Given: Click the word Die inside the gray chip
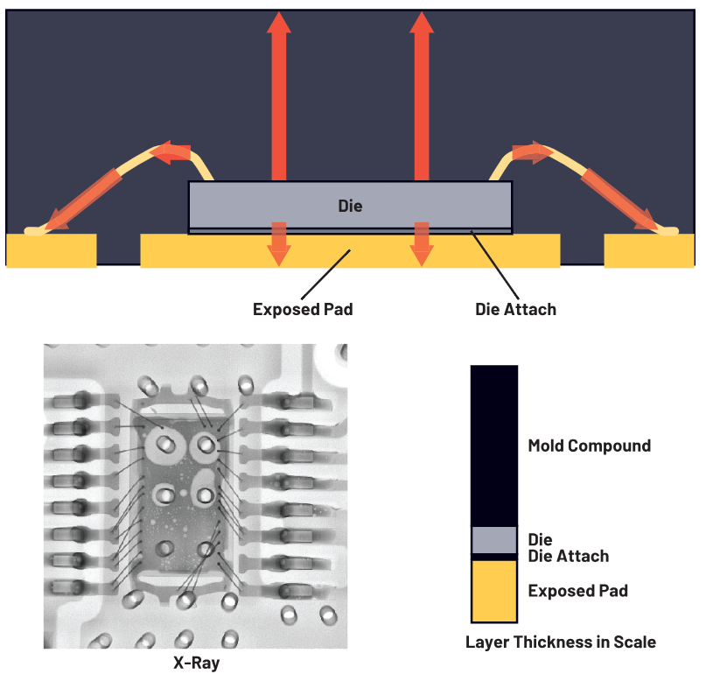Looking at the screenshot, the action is (350, 207).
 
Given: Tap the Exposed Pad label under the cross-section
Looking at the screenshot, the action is (303, 309).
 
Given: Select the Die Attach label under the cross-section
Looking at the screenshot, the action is (515, 309).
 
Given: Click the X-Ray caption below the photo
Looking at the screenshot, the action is (196, 663).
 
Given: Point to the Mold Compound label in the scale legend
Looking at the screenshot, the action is (589, 446).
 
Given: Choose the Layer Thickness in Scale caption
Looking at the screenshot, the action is (560, 642).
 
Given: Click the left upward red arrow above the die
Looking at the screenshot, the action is (279, 96).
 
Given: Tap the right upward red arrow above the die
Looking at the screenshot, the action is (422, 96).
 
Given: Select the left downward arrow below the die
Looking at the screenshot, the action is (279, 243).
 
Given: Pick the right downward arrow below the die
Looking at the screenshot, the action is (422, 243).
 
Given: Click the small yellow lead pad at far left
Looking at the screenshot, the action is (51, 250).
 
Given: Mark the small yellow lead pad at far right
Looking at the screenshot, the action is (649, 250).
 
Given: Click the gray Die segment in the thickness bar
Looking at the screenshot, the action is (494, 539).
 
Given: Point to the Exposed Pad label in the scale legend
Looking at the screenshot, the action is (577, 591).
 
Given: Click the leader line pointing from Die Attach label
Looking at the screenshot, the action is (496, 263).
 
